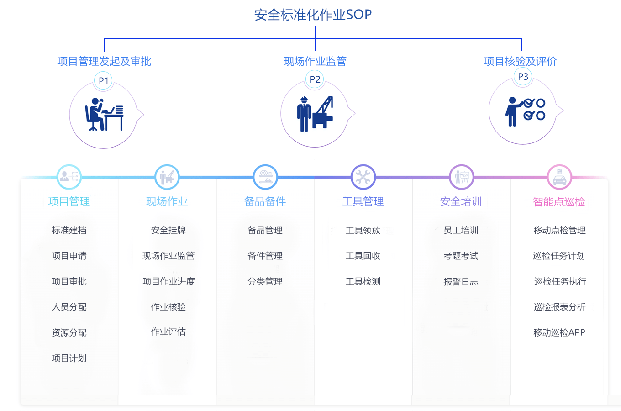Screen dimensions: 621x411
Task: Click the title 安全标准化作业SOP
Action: [x=313, y=15]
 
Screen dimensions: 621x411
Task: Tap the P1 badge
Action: [x=103, y=81]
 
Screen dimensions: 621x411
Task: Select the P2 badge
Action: [x=315, y=79]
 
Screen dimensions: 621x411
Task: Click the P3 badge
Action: [x=523, y=77]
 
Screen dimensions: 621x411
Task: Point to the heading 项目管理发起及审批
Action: [x=104, y=61]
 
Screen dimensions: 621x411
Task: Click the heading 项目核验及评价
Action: [x=521, y=61]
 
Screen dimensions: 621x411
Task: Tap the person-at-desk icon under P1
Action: [x=104, y=114]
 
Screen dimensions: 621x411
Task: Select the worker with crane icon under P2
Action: [x=315, y=114]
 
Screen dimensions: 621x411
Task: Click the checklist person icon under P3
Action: [x=525, y=112]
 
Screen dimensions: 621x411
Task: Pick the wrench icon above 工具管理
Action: [x=363, y=177]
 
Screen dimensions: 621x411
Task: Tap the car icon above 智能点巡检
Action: [x=559, y=177]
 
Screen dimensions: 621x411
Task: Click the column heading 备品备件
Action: [x=265, y=201]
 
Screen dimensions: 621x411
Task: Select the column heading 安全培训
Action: [x=461, y=201]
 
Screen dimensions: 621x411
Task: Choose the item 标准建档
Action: [x=69, y=230]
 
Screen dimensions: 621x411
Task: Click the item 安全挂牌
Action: [x=168, y=230]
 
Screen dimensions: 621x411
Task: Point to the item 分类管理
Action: [x=265, y=281]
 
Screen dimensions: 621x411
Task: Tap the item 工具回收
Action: [x=363, y=256]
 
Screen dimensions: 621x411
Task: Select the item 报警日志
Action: [x=461, y=281]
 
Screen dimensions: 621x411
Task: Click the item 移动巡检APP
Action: [x=559, y=332]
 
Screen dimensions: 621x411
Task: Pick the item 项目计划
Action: [x=69, y=358]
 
